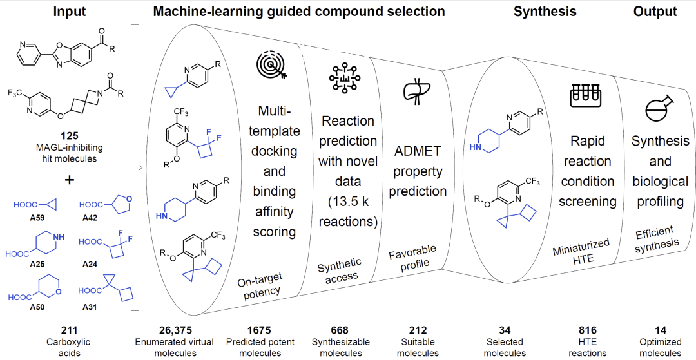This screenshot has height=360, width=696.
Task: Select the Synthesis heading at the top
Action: tap(545, 12)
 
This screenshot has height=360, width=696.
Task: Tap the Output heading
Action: tap(655, 12)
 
